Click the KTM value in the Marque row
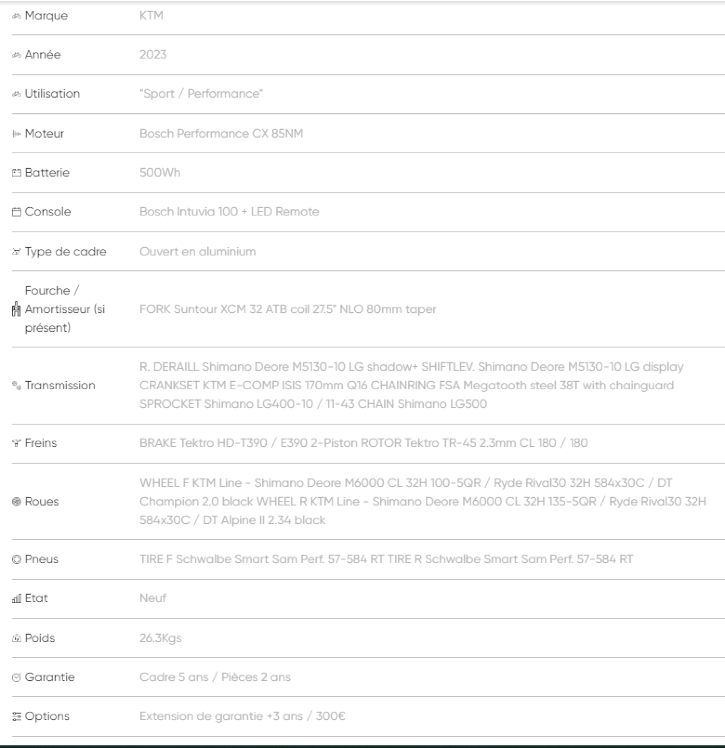coord(151,16)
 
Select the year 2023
coord(153,55)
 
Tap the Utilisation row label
coord(52,94)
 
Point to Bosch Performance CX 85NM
coord(221,134)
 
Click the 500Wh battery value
coord(160,173)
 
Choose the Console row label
coord(48,212)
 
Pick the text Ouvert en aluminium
coord(198,251)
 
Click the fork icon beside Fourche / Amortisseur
coord(16,309)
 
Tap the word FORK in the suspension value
coord(155,309)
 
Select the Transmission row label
coord(60,386)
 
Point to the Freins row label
coord(40,443)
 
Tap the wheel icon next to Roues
coord(16,502)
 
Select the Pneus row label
coord(41,560)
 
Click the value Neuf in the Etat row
coord(153,598)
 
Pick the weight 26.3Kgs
coord(160,638)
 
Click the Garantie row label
coord(50,677)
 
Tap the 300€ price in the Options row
coord(330,716)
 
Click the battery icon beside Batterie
coord(16,173)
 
